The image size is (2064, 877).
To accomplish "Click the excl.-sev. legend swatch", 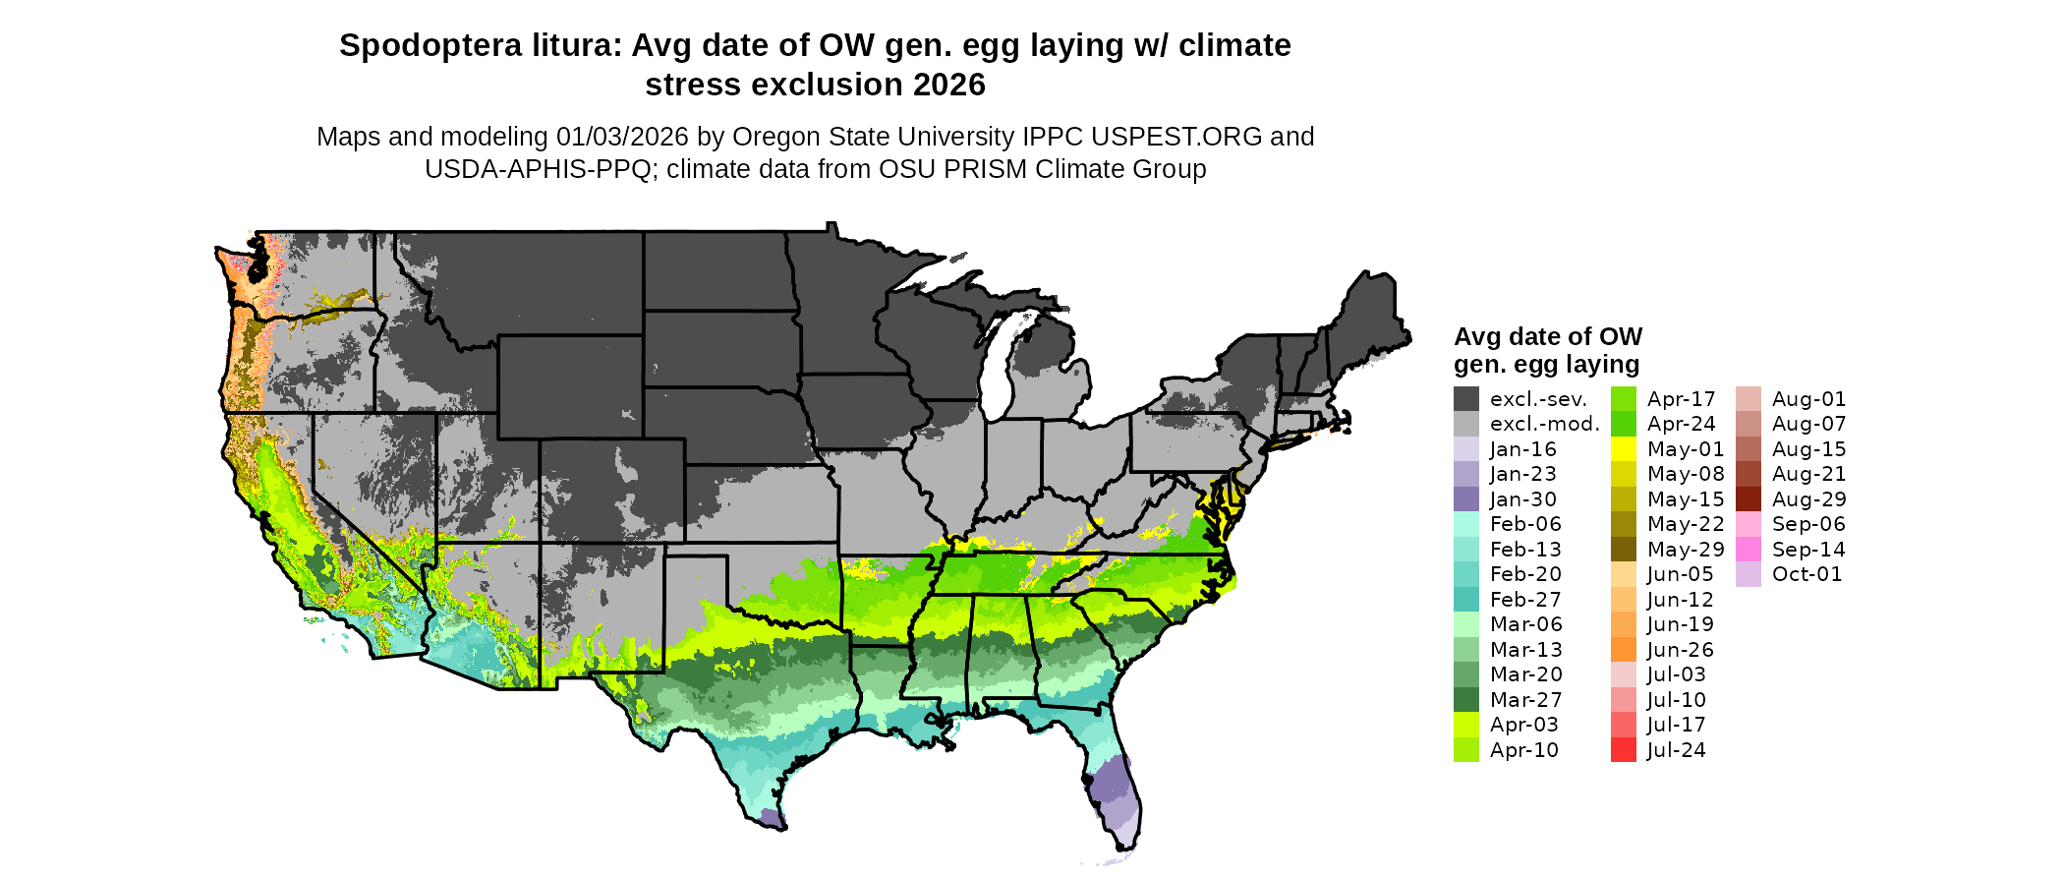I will click(x=1466, y=399).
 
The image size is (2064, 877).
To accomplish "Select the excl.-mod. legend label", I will click(x=1544, y=425).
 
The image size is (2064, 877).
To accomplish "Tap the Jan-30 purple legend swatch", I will click(x=1466, y=499).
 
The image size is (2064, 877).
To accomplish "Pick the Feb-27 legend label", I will click(x=1525, y=600).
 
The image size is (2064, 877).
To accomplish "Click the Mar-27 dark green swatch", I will click(x=1466, y=700).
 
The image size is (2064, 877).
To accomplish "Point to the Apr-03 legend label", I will click(x=1523, y=725).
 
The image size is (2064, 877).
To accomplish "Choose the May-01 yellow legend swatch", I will click(x=1624, y=449).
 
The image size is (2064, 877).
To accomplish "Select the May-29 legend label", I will click(x=1685, y=550).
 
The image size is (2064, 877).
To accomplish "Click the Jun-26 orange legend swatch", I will click(x=1624, y=650).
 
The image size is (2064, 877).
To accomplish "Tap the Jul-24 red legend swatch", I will click(x=1624, y=750).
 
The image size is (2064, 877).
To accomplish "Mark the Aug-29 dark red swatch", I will click(x=1749, y=499).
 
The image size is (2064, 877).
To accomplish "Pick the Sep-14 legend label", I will click(x=1808, y=550).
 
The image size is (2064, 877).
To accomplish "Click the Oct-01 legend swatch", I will click(x=1749, y=574).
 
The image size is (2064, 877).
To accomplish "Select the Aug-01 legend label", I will click(x=1808, y=399).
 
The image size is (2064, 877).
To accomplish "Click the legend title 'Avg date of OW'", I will click(x=1548, y=337).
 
